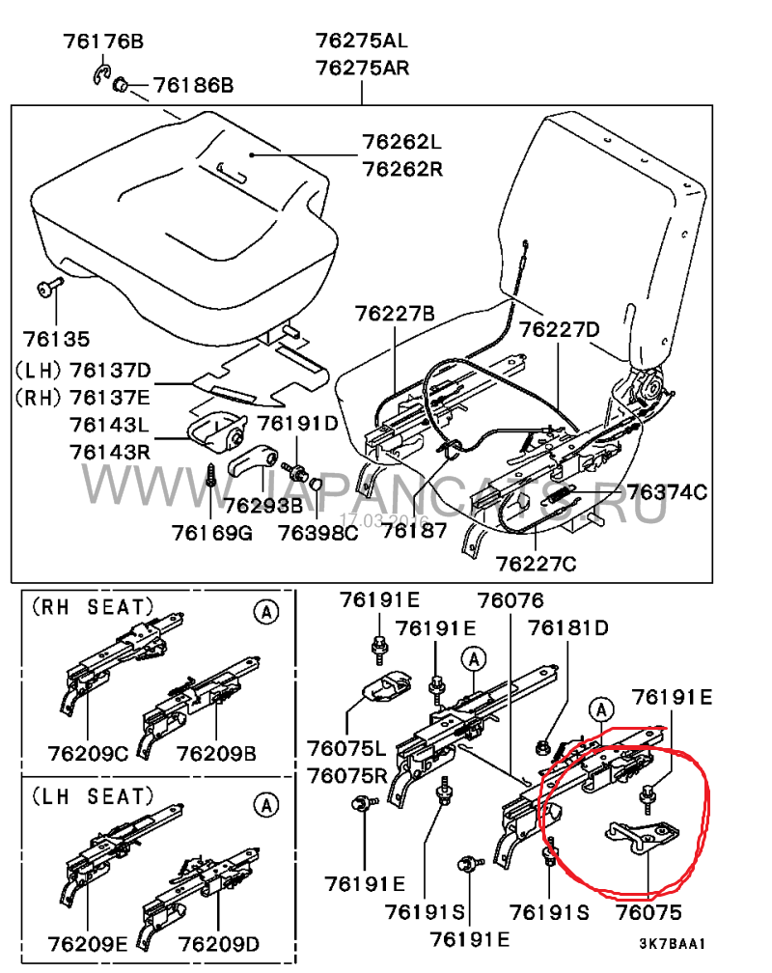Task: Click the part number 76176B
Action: (103, 42)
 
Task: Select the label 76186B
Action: (194, 85)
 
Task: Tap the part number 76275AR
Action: (363, 67)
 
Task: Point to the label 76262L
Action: (401, 142)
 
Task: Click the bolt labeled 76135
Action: (49, 287)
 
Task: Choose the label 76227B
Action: (396, 314)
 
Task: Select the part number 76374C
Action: (667, 492)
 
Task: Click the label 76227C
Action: (536, 564)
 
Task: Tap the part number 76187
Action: (414, 531)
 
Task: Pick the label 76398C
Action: (317, 533)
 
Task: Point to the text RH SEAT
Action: (93, 607)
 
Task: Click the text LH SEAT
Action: (93, 796)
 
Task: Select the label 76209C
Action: (88, 753)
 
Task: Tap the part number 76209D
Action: (218, 944)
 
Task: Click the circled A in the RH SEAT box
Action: (266, 612)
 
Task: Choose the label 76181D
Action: (568, 628)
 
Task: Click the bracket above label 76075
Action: (643, 836)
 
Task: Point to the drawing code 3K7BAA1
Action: (673, 943)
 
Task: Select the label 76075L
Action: (346, 748)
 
